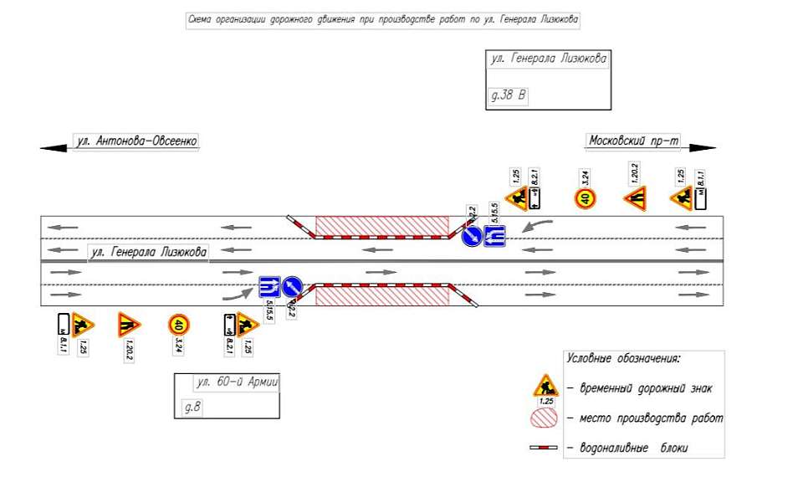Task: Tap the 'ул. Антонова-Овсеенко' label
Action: [136, 141]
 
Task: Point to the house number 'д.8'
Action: [192, 408]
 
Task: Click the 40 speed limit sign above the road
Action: [585, 198]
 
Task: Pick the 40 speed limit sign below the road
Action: [178, 324]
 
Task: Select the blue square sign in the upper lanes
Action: [494, 237]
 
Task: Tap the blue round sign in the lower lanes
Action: [292, 287]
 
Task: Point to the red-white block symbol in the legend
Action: [543, 449]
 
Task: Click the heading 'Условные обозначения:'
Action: [623, 358]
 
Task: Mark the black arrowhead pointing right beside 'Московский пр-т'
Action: [703, 148]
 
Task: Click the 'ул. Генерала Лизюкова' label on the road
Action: [149, 250]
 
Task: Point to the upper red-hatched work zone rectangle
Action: [382, 225]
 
